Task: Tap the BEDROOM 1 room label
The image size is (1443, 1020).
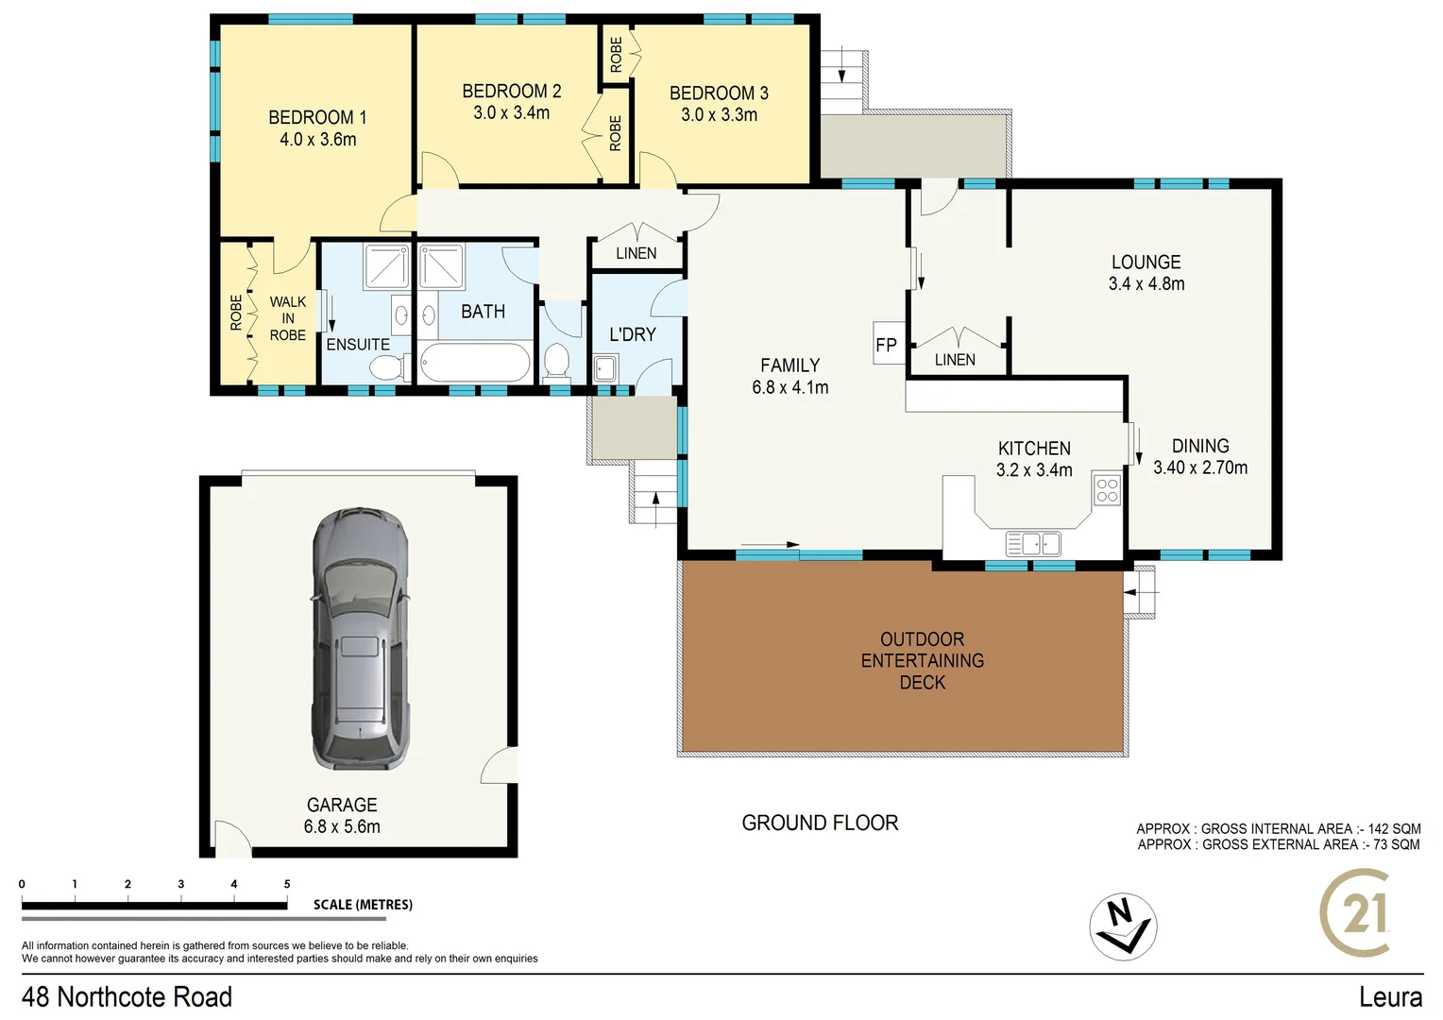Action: coord(317,117)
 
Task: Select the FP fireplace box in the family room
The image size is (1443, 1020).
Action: coord(886,345)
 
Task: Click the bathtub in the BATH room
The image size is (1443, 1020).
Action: coord(475,363)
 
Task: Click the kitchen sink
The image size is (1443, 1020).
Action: coord(1033,544)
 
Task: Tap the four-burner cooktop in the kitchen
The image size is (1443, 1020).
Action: coord(1107,490)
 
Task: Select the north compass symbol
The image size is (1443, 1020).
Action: coord(1123,926)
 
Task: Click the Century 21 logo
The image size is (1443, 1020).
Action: coord(1356,913)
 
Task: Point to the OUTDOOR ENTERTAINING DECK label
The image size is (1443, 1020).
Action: coord(922,660)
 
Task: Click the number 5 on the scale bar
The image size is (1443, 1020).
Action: coord(287,884)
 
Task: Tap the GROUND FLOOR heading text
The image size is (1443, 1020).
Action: coord(820,823)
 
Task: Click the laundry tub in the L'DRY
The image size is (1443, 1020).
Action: coord(604,367)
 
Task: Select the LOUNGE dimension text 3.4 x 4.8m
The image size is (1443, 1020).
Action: coord(1146,283)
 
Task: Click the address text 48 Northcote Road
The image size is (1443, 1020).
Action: coord(127,996)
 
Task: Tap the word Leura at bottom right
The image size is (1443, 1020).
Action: coord(1390,996)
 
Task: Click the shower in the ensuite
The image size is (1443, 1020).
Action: coord(386,266)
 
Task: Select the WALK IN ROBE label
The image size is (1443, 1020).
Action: coord(287,318)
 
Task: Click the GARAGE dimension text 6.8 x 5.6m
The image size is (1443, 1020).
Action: coord(342,826)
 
